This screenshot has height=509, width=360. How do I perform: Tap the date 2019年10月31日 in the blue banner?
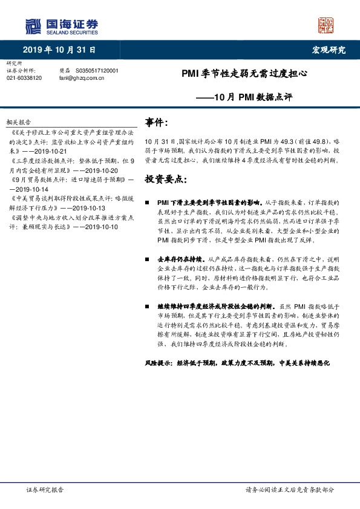[59, 50]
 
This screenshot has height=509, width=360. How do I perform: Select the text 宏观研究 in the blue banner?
[329, 50]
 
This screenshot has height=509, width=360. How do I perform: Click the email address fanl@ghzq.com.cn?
[80, 78]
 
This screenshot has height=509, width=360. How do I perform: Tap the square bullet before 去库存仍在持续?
[148, 259]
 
